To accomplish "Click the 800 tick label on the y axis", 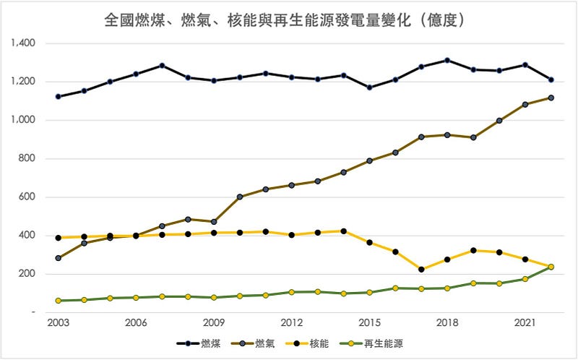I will pyautogui.click(x=28, y=159).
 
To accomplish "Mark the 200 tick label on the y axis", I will pyautogui.click(x=28, y=274).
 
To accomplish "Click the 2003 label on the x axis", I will pyautogui.click(x=58, y=323).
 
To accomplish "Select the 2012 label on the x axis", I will pyautogui.click(x=291, y=323).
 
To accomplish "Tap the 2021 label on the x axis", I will pyautogui.click(x=525, y=323).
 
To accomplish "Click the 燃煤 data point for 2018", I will pyautogui.click(x=447, y=60).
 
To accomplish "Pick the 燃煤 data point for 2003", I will pyautogui.click(x=58, y=96).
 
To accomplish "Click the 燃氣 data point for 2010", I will pyautogui.click(x=239, y=197).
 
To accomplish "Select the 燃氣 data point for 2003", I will pyautogui.click(x=58, y=258).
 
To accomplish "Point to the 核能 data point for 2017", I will pyautogui.click(x=421, y=270).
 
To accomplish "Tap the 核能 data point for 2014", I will pyautogui.click(x=343, y=231).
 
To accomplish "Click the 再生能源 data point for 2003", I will pyautogui.click(x=58, y=301).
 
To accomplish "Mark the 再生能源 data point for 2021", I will pyautogui.click(x=525, y=279).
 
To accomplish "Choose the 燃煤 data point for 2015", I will pyautogui.click(x=369, y=87).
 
